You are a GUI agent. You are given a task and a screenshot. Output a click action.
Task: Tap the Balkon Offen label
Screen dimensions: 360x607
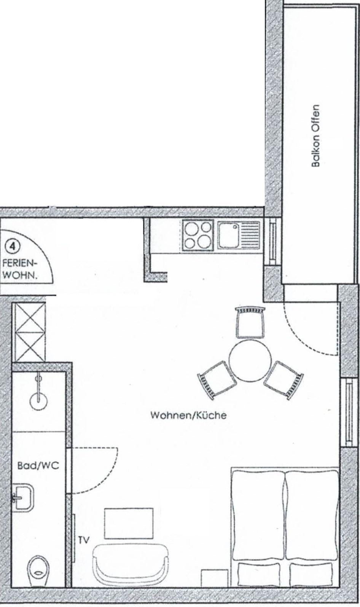pos(315,136)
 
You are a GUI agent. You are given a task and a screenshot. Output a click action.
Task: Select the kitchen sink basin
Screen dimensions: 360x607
pos(229,235)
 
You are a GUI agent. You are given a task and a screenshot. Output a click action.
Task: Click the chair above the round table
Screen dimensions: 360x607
pos(250,322)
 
